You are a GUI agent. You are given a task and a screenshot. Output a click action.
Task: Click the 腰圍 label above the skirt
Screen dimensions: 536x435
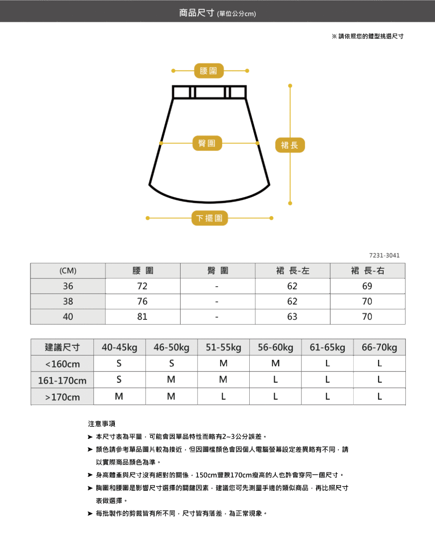209,70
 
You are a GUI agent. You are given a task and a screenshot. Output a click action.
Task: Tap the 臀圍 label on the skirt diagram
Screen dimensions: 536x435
207,143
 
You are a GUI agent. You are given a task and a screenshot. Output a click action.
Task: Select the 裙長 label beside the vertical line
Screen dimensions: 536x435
290,145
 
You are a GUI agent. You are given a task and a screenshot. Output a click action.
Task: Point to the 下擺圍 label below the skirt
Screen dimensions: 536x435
209,218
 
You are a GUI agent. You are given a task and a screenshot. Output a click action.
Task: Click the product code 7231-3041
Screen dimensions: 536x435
384,255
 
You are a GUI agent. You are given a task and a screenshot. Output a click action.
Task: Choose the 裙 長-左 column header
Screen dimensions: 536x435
292,271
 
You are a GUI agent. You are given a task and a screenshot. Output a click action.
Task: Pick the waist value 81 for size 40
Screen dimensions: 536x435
142,317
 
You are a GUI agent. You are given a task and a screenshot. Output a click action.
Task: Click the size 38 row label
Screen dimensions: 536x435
68,301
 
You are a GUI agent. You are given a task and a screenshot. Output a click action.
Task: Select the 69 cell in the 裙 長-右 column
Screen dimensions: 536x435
367,286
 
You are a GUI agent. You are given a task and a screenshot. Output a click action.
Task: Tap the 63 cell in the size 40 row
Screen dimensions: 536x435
292,317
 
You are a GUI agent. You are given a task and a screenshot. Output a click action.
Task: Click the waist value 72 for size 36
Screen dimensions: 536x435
142,286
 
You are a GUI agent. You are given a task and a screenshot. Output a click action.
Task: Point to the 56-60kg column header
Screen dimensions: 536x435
275,348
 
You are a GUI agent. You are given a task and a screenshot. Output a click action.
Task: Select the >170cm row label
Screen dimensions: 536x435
63,397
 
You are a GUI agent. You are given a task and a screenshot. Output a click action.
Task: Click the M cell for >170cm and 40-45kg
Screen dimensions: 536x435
119,397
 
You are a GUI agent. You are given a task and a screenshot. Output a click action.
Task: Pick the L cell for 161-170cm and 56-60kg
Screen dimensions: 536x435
275,380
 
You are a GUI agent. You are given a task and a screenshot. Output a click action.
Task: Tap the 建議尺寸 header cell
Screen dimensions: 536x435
63,348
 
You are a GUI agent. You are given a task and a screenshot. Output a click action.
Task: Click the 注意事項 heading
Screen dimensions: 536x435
102,424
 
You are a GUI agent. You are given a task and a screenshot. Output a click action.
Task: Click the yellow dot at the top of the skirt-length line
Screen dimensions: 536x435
290,85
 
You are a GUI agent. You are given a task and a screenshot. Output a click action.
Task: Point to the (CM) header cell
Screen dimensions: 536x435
68,271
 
